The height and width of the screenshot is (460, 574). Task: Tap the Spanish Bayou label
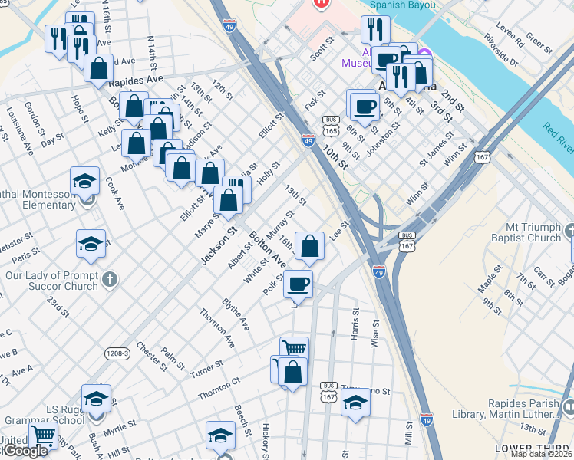402,5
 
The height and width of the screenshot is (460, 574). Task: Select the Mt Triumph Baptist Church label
522,232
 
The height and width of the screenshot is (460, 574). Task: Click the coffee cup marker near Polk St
298,284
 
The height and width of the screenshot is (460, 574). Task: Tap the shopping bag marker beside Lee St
309,247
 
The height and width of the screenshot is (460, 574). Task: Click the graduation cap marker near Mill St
355,402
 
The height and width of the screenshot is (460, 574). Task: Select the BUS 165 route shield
332,126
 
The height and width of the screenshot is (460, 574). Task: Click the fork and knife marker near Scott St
375,30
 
